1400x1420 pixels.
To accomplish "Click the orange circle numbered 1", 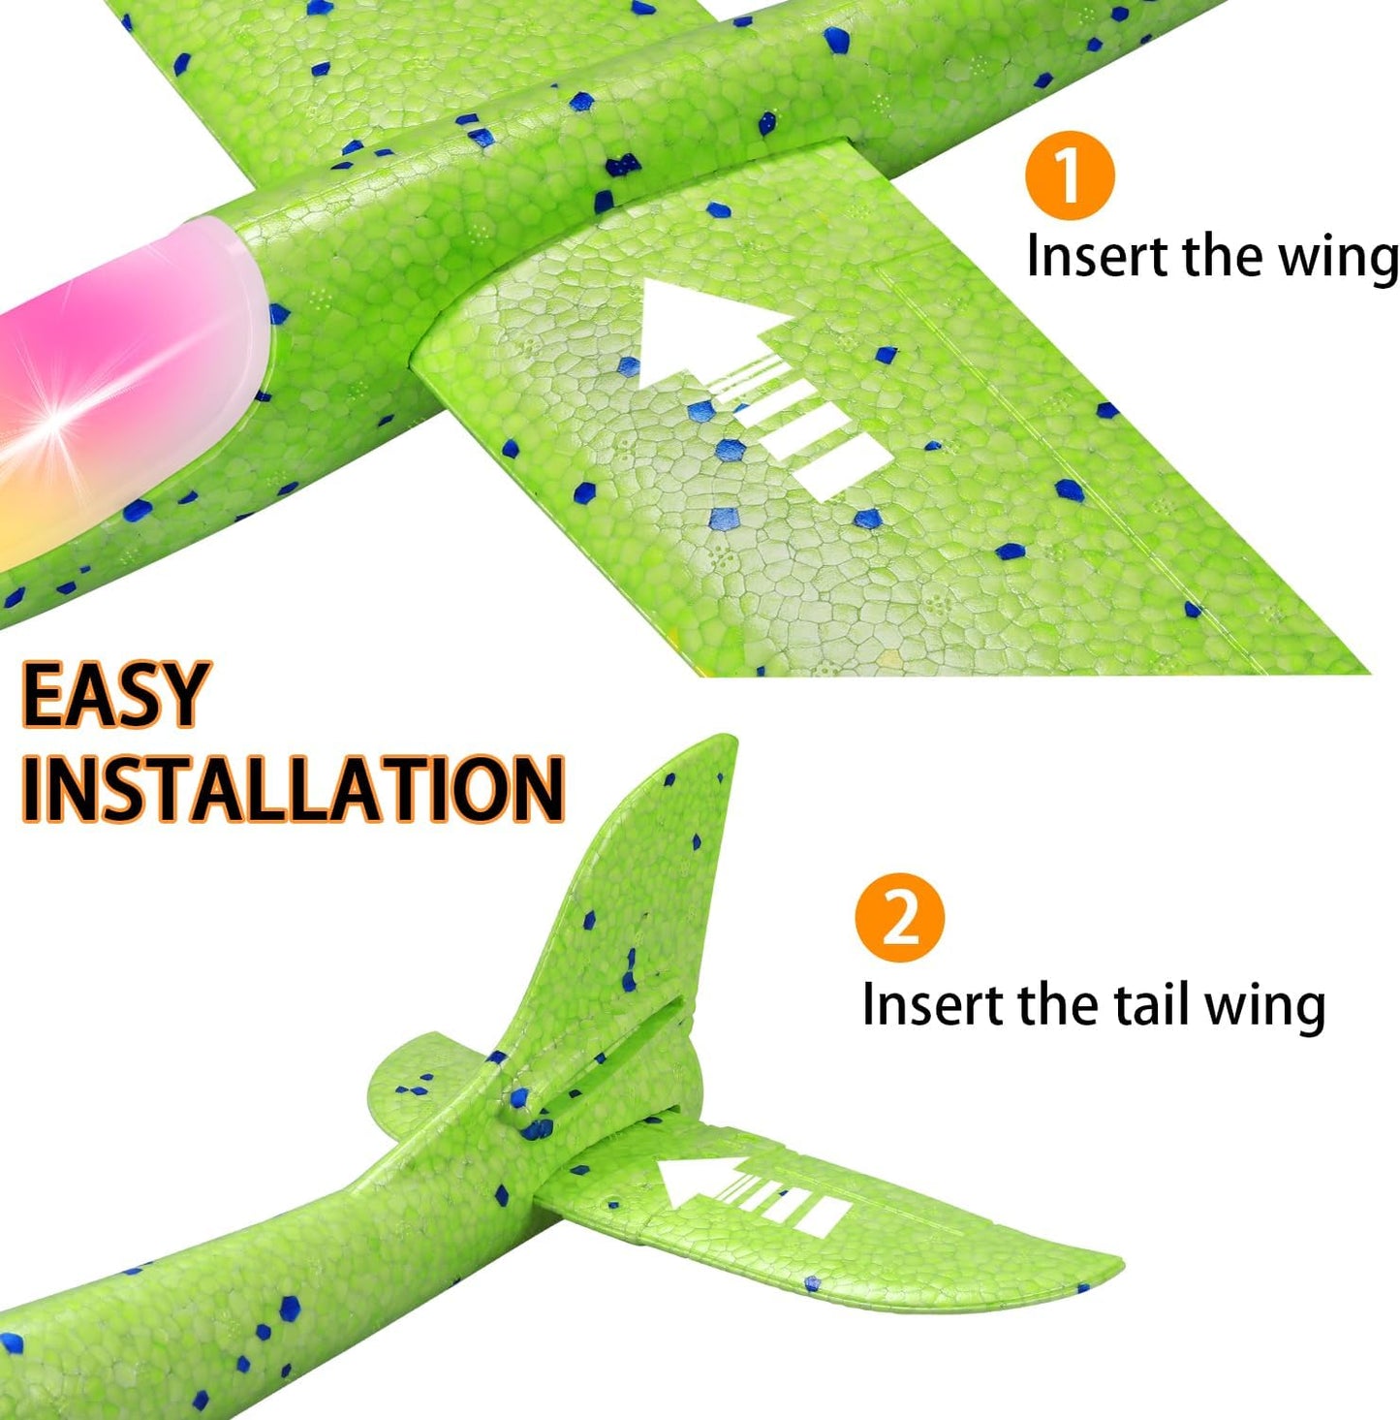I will [x=1070, y=174].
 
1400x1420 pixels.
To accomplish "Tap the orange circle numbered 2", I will [x=900, y=917].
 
